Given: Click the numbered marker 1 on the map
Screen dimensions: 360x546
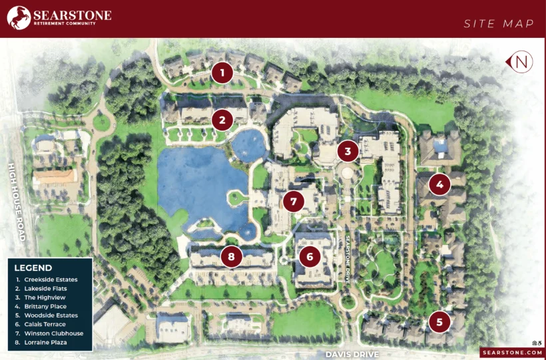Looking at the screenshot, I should tap(222, 73).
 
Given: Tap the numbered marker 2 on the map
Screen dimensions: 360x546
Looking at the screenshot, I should tap(222, 120).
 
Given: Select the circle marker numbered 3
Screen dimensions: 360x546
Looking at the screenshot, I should tap(347, 151).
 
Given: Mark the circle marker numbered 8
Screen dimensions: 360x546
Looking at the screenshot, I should tap(231, 256).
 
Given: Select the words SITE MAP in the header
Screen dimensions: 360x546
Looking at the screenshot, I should tap(499, 24).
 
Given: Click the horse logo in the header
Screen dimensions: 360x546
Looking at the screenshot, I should tap(20, 18).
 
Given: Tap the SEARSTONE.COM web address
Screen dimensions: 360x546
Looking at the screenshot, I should tap(511, 353).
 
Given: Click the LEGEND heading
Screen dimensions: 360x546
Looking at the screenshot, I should tap(33, 268).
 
